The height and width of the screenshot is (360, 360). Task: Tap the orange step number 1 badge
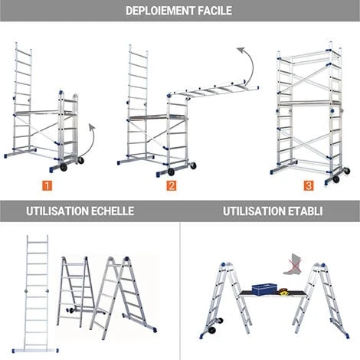(47, 185)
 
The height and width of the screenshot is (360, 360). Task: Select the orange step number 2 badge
(172, 185)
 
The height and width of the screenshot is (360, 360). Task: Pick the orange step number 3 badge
(308, 185)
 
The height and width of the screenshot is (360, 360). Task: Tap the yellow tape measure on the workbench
(283, 291)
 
